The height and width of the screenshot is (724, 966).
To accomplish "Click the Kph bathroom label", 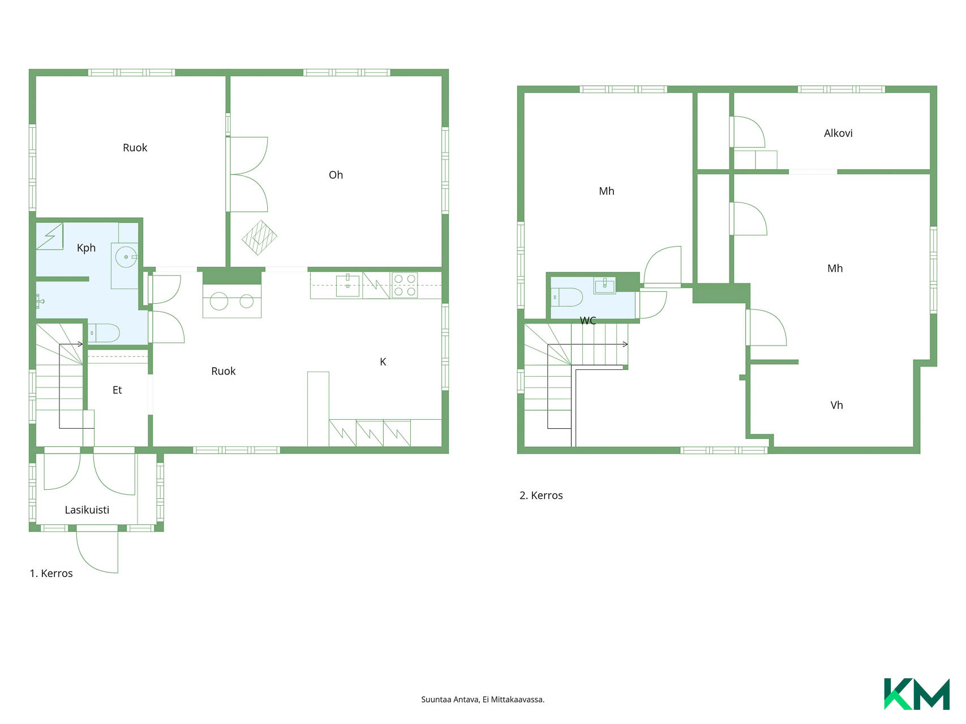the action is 86,248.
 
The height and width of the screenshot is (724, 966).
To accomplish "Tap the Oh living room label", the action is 336,175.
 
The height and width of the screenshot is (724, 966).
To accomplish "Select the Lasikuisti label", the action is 87,510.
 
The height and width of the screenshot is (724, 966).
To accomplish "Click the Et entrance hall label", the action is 117,390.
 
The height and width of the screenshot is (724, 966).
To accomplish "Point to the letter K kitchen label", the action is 383,362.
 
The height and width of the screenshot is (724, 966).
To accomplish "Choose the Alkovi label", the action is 838,133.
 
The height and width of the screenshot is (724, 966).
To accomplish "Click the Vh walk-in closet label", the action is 836,405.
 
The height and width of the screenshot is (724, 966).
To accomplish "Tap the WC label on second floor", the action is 588,321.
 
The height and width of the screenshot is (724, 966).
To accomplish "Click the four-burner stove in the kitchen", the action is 405,286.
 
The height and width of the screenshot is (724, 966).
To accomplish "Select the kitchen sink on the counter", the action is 347,286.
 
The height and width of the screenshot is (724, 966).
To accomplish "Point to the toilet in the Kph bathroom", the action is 104,333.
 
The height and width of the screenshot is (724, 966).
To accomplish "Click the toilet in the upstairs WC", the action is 568,297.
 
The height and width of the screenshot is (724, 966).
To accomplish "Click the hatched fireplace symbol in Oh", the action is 259,238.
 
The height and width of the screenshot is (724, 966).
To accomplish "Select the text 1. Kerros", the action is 51,574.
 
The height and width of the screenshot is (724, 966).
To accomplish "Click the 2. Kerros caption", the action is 541,495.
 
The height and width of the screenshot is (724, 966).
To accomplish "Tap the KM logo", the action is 917,694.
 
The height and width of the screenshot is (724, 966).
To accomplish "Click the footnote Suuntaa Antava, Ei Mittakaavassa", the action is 483,700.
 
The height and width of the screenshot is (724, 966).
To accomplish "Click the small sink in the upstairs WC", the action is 604,285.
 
